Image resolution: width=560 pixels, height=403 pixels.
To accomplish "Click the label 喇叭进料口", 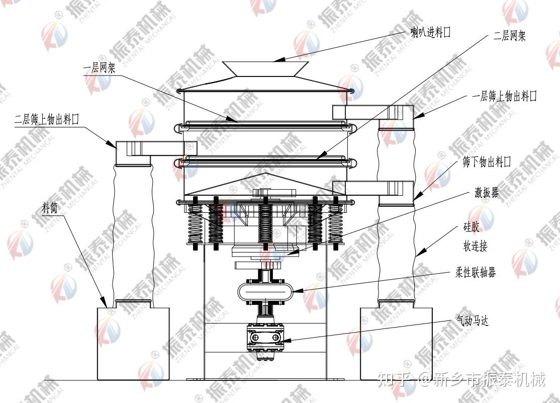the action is tap(430, 33).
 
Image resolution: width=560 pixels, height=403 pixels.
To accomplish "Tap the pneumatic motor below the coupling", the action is tap(265, 336).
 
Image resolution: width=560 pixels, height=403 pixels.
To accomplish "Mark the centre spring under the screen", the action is tap(265, 224).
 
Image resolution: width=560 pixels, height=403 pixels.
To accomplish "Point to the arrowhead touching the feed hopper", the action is tap(278, 60).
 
